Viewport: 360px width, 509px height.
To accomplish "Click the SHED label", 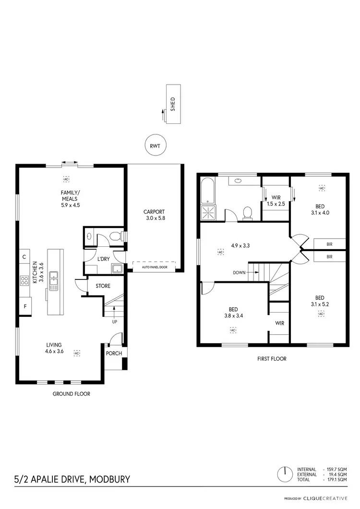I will tap(173, 104).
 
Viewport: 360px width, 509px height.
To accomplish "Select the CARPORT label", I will tap(154, 212).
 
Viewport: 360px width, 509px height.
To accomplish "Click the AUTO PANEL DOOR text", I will tap(154, 266).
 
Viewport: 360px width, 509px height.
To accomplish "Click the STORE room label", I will tap(103, 286).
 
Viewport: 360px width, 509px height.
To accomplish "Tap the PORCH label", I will tap(114, 353).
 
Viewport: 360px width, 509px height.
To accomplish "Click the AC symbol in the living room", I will tap(77, 353).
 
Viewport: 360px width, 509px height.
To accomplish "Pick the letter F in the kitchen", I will tap(24, 305).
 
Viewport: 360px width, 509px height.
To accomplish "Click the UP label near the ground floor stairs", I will tap(115, 321).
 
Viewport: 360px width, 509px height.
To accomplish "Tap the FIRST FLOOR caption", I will tap(272, 359).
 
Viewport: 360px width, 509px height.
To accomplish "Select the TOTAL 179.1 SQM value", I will tap(336, 480).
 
